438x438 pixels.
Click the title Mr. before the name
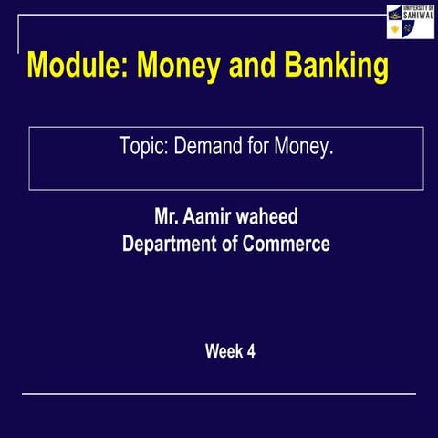point(167,218)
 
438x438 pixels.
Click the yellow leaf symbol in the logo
point(394,29)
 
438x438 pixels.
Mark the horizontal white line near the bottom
point(219,394)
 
